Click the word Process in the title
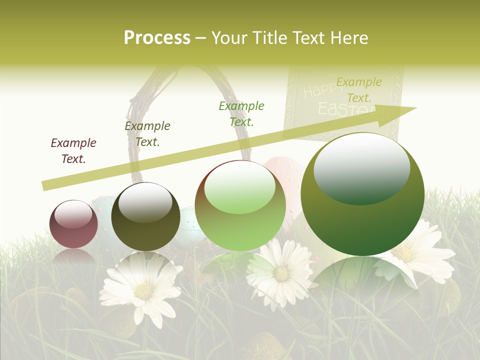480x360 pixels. [157, 37]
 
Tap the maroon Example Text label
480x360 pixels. [73, 151]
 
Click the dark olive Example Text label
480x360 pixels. [147, 134]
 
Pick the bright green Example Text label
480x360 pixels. [241, 113]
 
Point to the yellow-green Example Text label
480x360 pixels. [358, 89]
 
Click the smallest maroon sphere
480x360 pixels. [74, 224]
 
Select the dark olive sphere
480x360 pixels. [145, 216]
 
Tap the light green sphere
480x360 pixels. [240, 205]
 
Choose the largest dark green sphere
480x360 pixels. [362, 194]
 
